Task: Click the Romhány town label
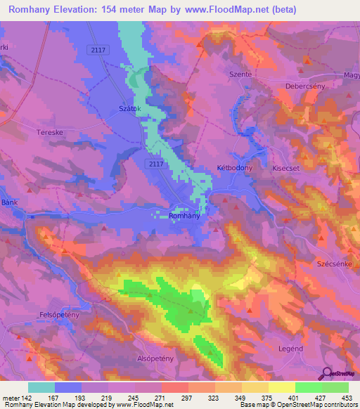tap(186, 216)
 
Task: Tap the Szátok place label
tap(130, 109)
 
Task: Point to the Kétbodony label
tap(234, 169)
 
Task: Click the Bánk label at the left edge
tap(8, 202)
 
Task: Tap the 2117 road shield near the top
tap(99, 48)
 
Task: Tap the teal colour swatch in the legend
tap(41, 387)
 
